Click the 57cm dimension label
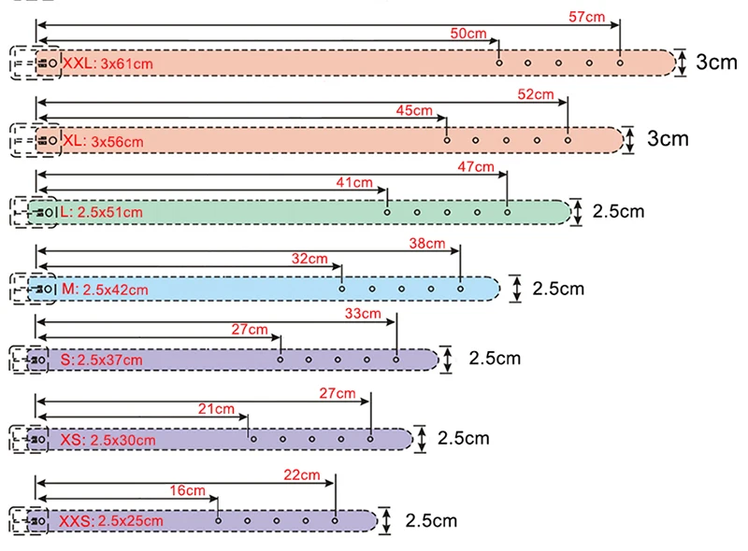point(586,17)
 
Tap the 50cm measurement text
point(468,34)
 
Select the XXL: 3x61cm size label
point(108,64)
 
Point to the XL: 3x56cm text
point(103,141)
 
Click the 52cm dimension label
point(535,94)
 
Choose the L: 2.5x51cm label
point(101,212)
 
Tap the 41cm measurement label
point(354,182)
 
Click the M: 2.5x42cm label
point(105,290)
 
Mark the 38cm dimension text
point(427,244)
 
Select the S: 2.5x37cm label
point(101,360)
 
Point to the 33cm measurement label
point(363,314)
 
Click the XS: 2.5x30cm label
point(108,440)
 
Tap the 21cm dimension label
point(216,409)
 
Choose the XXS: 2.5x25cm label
point(110,521)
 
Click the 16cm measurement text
point(188,490)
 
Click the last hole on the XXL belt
point(620,63)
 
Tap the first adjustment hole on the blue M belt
point(341,289)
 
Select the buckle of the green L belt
point(34,212)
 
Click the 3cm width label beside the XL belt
point(668,139)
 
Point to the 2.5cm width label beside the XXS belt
point(431,520)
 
